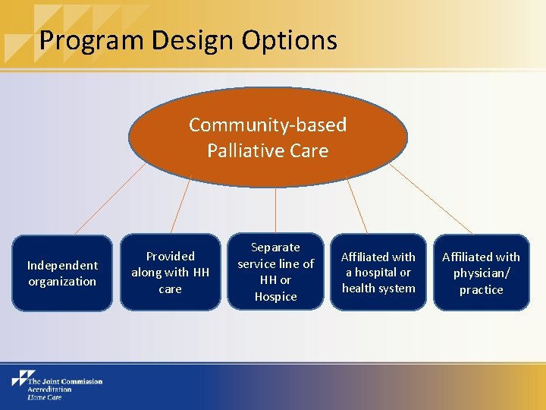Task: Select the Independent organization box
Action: pyautogui.click(x=62, y=273)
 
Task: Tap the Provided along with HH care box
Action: pyautogui.click(x=170, y=272)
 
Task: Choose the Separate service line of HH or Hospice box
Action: pyautogui.click(x=275, y=272)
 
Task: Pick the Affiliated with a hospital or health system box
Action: pyautogui.click(x=378, y=272)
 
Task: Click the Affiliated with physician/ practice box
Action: pyautogui.click(x=481, y=273)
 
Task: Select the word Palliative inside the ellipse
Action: pyautogui.click(x=245, y=150)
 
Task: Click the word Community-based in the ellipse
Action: pyautogui.click(x=268, y=125)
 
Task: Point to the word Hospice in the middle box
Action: pyautogui.click(x=275, y=296)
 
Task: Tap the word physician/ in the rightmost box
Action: pyautogui.click(x=481, y=273)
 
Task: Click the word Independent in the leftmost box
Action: pyautogui.click(x=62, y=265)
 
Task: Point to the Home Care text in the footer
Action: pyautogui.click(x=44, y=397)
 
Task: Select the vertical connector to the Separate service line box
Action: pyautogui.click(x=275, y=210)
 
